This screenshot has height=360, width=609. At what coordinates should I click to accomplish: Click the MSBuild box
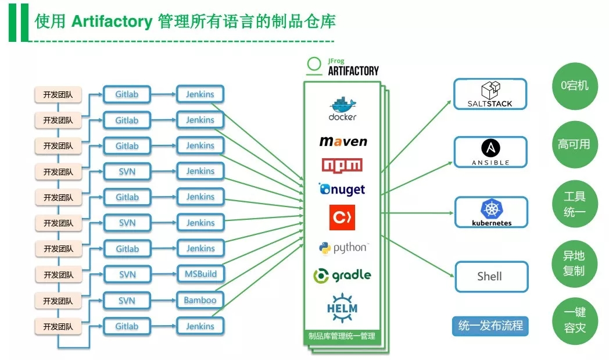(200, 274)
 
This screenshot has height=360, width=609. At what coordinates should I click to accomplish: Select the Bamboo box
(200, 300)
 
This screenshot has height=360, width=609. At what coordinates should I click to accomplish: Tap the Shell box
(490, 277)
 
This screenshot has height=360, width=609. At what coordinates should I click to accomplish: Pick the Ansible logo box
(490, 152)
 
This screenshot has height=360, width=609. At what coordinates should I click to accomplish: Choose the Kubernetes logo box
(491, 212)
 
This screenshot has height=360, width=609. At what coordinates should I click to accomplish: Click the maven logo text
(343, 141)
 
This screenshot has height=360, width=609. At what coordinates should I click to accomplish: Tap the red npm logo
(342, 165)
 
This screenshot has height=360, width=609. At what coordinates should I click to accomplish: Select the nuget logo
(342, 190)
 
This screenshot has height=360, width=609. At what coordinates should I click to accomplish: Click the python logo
(343, 248)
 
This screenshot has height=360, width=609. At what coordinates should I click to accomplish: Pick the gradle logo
(342, 275)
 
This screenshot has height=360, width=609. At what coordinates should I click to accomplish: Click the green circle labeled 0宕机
(574, 85)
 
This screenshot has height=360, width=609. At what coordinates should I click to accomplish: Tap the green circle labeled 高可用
(574, 144)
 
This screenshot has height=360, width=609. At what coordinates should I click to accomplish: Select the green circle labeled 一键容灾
(574, 320)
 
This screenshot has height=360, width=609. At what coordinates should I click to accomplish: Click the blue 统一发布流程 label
(490, 326)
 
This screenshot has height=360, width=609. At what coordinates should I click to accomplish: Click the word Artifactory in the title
(111, 22)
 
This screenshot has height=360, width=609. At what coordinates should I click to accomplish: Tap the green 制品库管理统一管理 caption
(342, 336)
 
